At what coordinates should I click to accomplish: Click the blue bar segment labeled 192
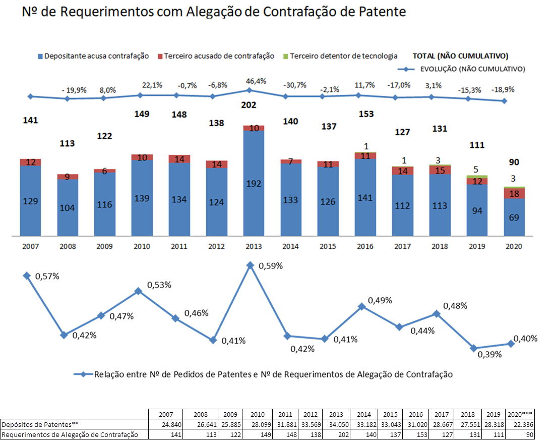pyautogui.click(x=254, y=184)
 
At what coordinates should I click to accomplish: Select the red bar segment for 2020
pyautogui.click(x=514, y=193)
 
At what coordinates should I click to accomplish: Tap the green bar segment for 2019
pyautogui.click(x=477, y=176)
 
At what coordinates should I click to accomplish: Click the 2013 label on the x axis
pyautogui.click(x=254, y=246)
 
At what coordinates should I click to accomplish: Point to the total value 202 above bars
pyautogui.click(x=249, y=105)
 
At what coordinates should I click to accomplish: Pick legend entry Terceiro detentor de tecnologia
pyautogui.click(x=340, y=56)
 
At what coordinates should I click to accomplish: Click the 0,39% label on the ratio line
pyautogui.click(x=489, y=354)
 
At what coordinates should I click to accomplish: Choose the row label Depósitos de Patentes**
pyautogui.click(x=40, y=424)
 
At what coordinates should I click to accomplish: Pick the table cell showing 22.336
pyautogui.click(x=520, y=424)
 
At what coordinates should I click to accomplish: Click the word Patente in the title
pyautogui.click(x=383, y=12)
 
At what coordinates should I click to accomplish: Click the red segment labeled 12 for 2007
pyautogui.click(x=31, y=162)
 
